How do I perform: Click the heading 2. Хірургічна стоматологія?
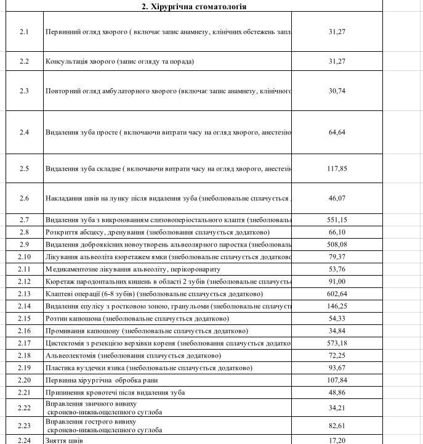pos(195,6)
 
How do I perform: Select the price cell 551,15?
pos(337,220)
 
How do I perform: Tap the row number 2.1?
pos(24,31)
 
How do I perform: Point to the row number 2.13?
pos(24,294)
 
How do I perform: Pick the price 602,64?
pos(337,294)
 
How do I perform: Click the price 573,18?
pos(337,343)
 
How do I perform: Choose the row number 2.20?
pos(24,380)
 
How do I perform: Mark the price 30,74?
pos(337,91)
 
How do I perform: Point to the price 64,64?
pos(337,132)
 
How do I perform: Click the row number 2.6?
pos(24,198)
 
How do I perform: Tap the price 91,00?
pos(337,281)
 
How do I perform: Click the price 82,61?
pos(337,425)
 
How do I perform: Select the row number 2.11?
pos(24,269)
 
